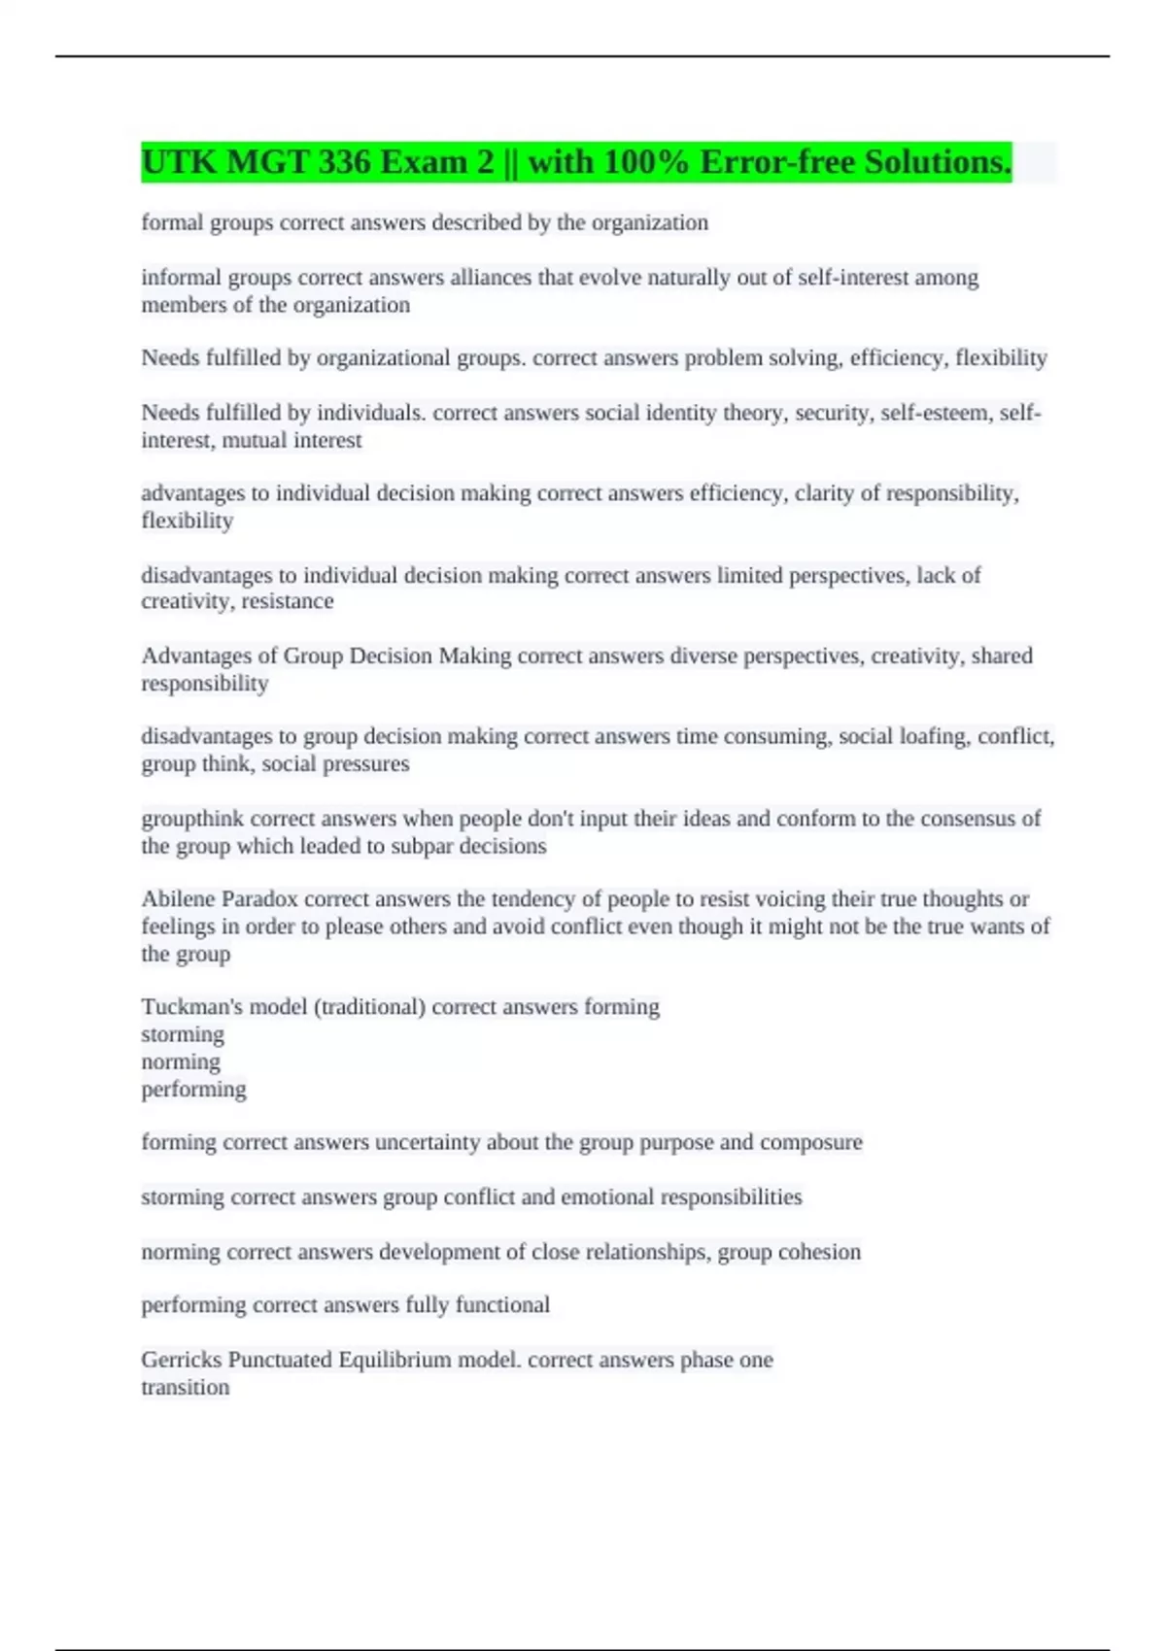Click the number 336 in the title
point(344,162)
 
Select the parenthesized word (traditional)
point(369,1007)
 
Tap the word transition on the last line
point(186,1387)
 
